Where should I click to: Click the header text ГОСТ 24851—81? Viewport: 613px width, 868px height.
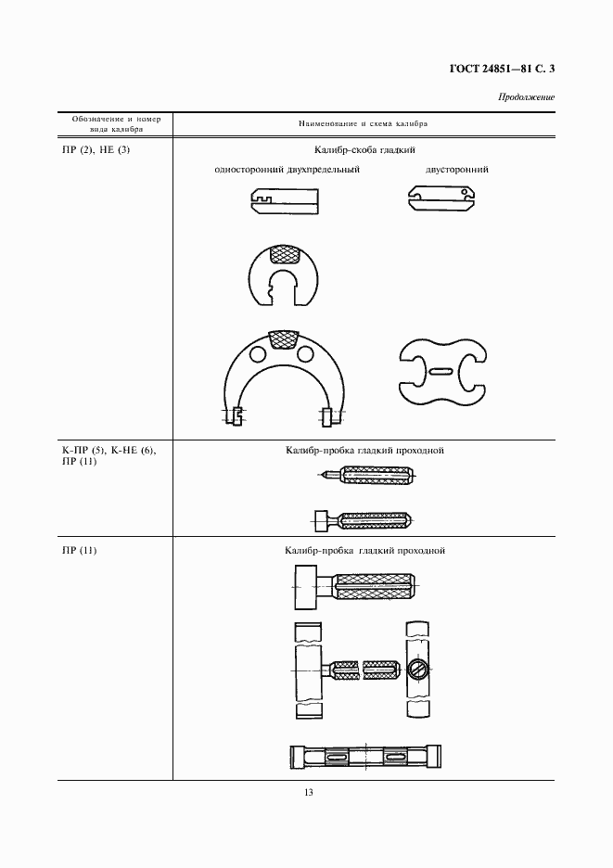pyautogui.click(x=486, y=70)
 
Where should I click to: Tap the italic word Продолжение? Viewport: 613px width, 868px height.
pyautogui.click(x=526, y=97)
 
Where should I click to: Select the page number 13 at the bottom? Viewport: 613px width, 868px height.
pyautogui.click(x=309, y=792)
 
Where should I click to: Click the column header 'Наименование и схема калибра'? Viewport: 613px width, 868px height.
pyautogui.click(x=364, y=124)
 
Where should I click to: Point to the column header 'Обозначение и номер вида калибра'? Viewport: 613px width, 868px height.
pyautogui.click(x=116, y=124)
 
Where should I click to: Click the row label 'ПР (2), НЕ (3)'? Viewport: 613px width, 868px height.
pyautogui.click(x=96, y=149)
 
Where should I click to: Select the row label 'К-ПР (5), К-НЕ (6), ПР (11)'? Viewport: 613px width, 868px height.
pyautogui.click(x=109, y=455)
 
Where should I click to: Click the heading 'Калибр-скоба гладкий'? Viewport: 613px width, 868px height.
pyautogui.click(x=364, y=150)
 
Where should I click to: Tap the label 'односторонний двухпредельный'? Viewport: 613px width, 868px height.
pyautogui.click(x=287, y=170)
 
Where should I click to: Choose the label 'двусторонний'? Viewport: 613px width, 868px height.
pyautogui.click(x=457, y=170)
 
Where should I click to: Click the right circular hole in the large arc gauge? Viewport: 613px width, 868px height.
pyautogui.click(x=304, y=353)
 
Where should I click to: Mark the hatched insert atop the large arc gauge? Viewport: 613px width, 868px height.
pyautogui.click(x=283, y=340)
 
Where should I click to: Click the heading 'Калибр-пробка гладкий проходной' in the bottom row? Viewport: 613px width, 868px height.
pyautogui.click(x=364, y=551)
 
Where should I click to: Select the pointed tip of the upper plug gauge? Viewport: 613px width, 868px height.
pyautogui.click(x=320, y=474)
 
